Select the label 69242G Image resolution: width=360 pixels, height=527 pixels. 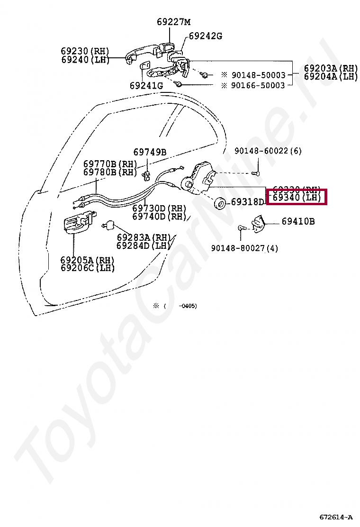coord(205,36)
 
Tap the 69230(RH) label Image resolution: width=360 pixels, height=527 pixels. coord(85,51)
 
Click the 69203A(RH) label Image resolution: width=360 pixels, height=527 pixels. coord(331,68)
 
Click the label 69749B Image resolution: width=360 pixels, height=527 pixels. coord(150,152)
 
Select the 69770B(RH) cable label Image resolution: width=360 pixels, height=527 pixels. coord(110,164)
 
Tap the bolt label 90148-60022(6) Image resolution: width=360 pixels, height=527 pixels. coord(268,151)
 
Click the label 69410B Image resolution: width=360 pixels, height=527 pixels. coord(298,221)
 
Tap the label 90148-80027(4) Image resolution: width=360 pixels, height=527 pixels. coord(244,248)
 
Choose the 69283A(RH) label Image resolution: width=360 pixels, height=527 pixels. coord(144,237)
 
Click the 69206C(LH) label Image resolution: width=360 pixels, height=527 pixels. coord(88,268)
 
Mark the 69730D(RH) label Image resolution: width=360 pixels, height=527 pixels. coord(159,209)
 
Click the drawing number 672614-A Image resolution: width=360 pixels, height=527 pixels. coord(336,517)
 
